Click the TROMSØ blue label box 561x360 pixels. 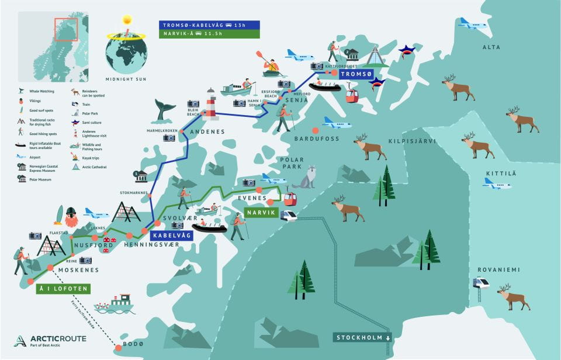click(356, 74)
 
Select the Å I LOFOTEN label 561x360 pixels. click(63, 289)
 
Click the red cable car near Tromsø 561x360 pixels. click(352, 94)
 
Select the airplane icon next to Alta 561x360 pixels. click(472, 23)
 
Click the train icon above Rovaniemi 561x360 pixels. click(481, 283)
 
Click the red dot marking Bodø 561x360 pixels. click(119, 348)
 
